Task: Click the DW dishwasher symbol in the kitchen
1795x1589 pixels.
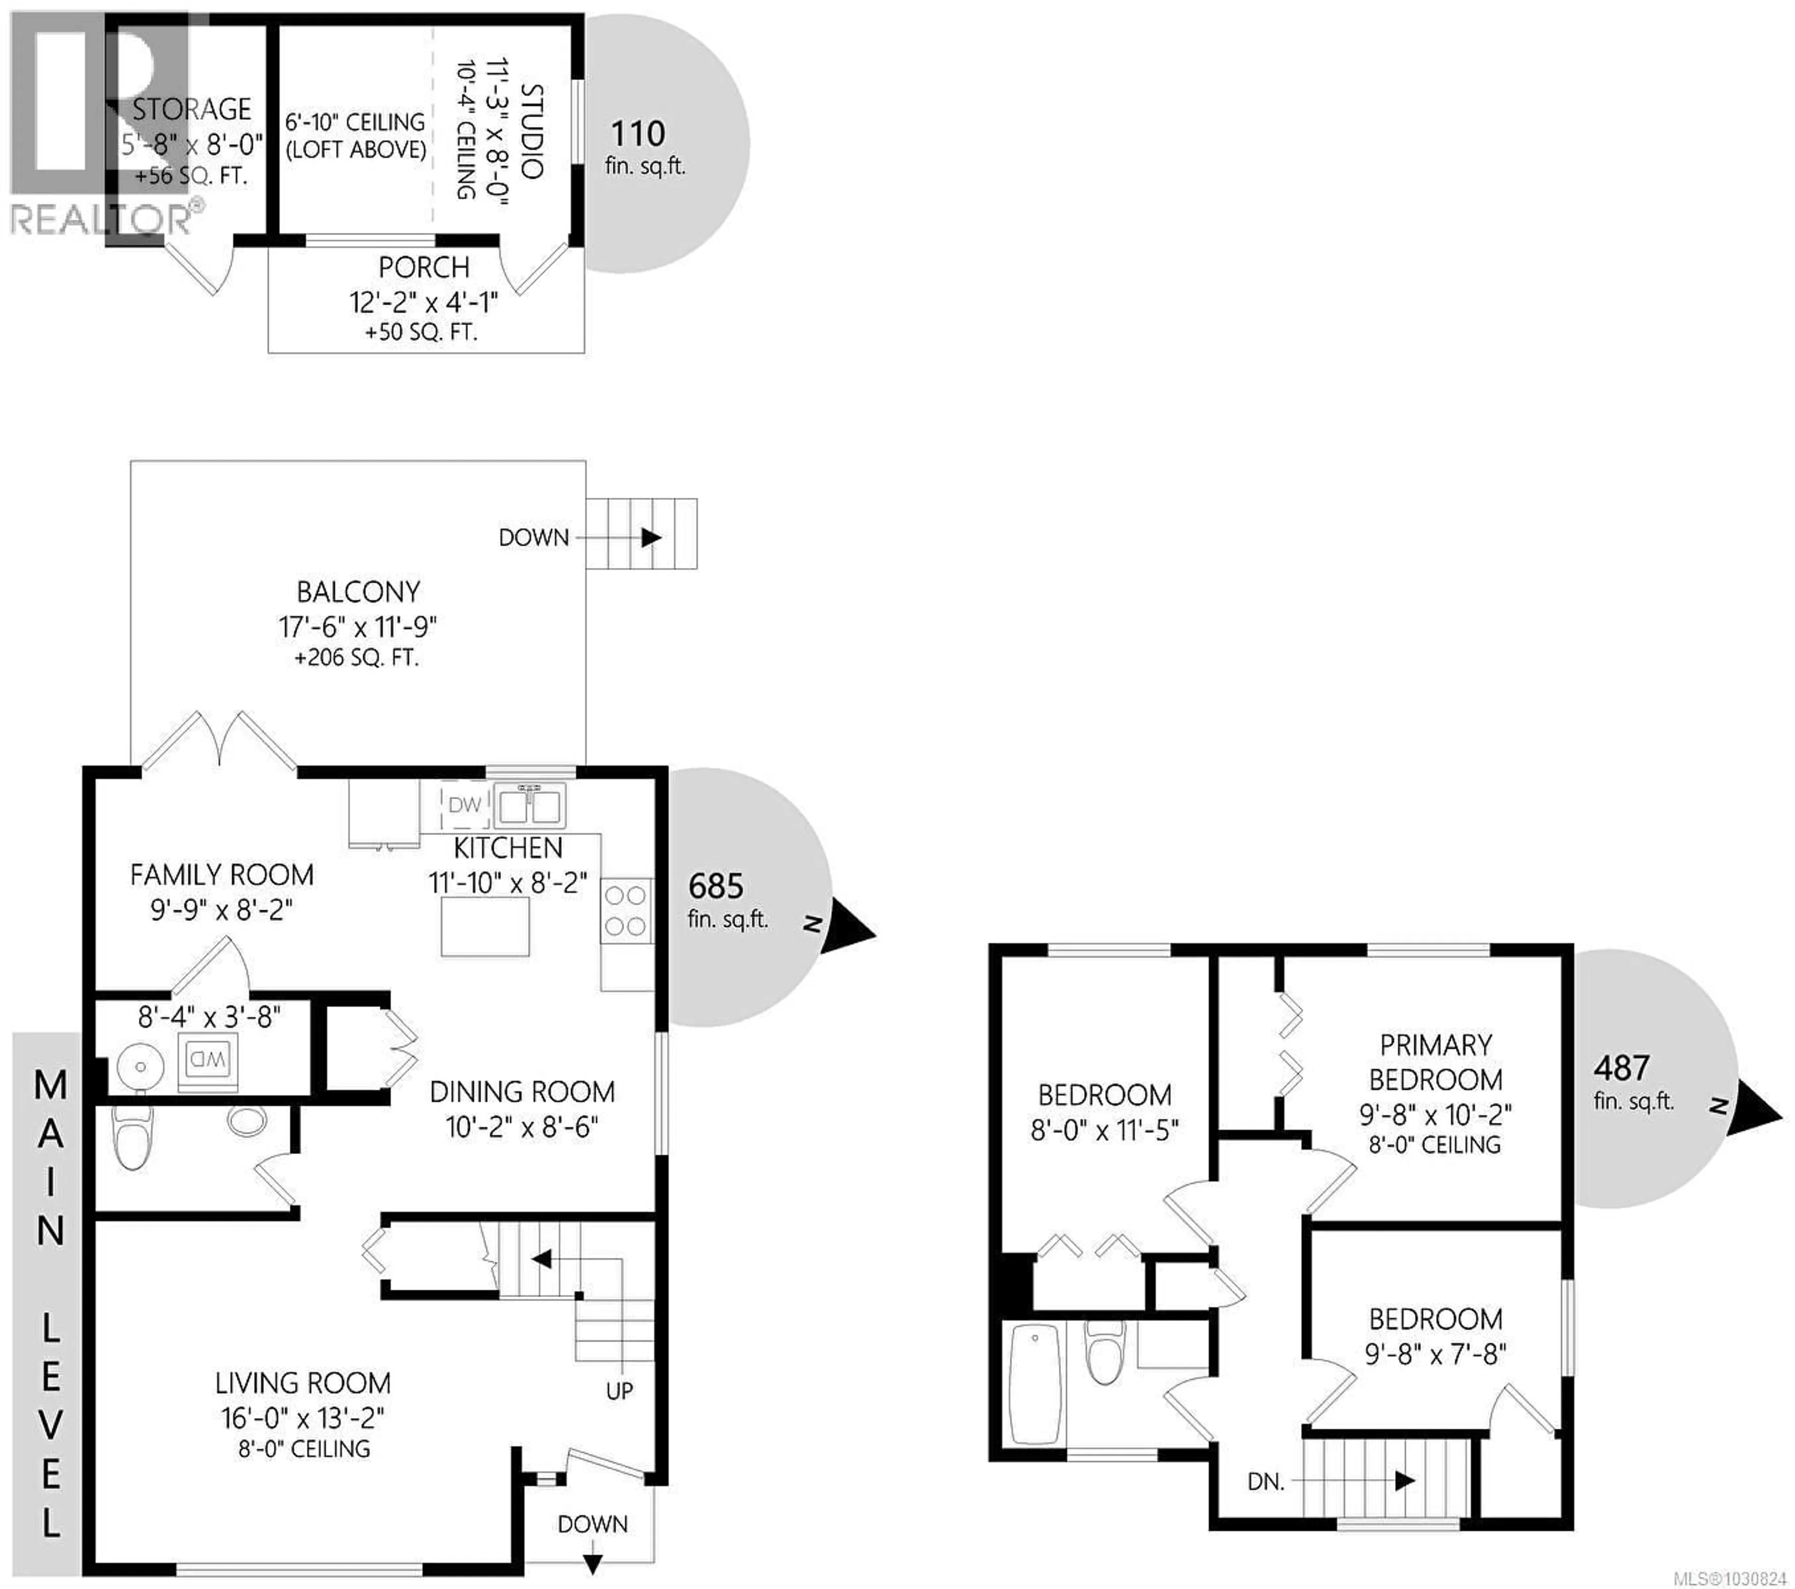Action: click(465, 805)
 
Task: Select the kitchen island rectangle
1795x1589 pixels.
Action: click(485, 928)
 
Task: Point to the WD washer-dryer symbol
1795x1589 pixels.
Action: click(208, 1059)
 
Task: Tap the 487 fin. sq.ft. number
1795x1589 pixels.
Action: click(1621, 1068)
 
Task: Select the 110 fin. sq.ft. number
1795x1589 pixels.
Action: click(638, 134)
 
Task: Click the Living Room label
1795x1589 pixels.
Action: click(303, 1383)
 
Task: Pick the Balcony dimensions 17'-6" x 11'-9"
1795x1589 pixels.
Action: click(358, 627)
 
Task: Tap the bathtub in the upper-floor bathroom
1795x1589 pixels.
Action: click(1034, 1385)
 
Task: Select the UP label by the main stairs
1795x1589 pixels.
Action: click(619, 1391)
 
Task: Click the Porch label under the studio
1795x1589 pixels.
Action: click(424, 267)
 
